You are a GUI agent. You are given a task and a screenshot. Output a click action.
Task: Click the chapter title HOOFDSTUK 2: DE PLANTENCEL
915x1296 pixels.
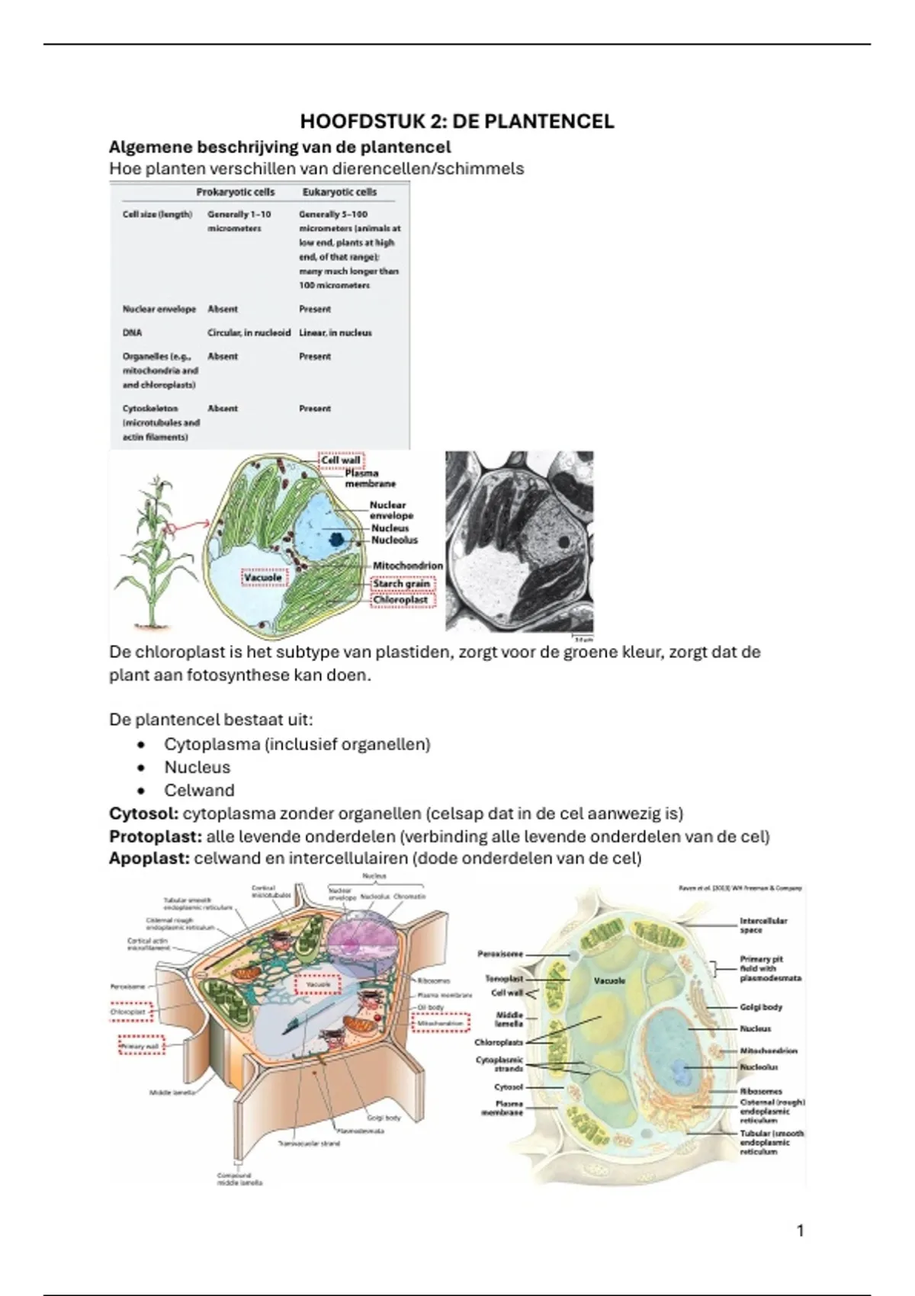point(457,122)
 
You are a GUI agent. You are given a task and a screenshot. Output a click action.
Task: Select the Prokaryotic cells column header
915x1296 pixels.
point(236,192)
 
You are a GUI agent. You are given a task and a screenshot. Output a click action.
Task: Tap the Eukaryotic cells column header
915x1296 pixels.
point(339,192)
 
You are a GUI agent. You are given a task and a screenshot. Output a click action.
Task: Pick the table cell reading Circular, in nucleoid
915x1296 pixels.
point(249,333)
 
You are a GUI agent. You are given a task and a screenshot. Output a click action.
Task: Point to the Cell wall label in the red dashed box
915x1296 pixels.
point(341,460)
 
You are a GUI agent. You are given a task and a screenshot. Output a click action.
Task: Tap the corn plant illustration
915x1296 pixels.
point(149,549)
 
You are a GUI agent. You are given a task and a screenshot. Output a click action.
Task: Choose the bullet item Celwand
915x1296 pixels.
point(199,791)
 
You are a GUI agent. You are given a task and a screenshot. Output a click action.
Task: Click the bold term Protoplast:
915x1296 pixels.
point(156,836)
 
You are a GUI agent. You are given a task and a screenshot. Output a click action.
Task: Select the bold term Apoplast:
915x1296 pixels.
point(149,859)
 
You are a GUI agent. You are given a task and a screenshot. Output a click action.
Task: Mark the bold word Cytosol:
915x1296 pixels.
point(144,813)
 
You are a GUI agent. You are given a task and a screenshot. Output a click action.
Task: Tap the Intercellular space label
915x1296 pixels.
point(763,925)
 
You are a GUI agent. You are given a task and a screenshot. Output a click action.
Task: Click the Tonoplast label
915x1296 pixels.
point(504,978)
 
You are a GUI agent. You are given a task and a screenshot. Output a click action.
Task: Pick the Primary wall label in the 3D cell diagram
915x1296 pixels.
point(140,1047)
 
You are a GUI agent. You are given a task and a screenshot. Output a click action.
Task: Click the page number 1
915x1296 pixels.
point(800,1230)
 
